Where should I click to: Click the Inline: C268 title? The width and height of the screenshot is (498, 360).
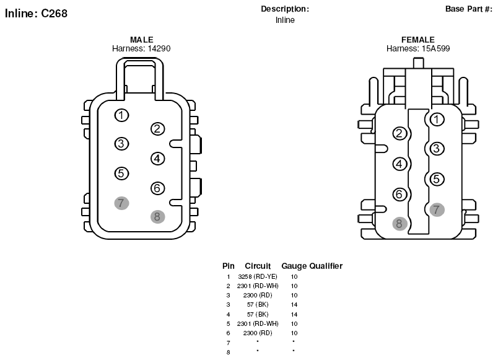(x=36, y=14)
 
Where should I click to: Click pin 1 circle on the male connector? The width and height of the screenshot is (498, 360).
(x=121, y=115)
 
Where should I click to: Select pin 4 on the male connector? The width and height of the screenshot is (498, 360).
(x=157, y=159)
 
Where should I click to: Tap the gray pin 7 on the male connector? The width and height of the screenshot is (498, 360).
(x=121, y=203)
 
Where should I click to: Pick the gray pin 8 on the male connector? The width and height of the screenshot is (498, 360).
(x=157, y=217)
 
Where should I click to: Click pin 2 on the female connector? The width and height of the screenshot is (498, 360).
(x=400, y=133)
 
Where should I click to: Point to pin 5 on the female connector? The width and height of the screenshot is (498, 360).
(x=437, y=179)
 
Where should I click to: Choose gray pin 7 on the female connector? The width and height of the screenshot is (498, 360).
(x=437, y=209)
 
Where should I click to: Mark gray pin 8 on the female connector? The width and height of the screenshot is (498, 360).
(x=400, y=223)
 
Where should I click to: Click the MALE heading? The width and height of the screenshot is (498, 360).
(x=142, y=40)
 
